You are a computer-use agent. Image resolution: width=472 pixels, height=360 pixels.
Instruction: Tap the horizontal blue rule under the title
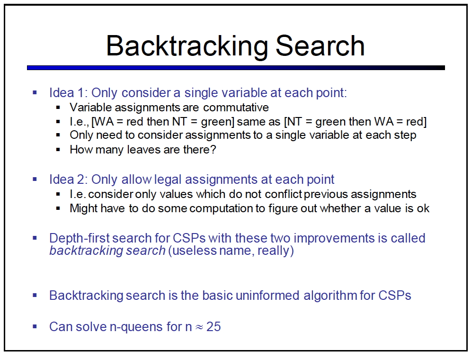(236, 68)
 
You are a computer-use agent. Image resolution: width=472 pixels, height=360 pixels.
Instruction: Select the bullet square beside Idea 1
(35, 92)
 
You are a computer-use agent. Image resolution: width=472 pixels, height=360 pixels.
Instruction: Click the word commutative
(236, 107)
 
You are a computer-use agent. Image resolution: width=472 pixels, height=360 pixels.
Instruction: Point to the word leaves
(143, 149)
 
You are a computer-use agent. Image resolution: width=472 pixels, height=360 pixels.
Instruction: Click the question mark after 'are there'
(214, 149)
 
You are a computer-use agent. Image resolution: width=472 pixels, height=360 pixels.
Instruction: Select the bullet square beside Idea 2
(35, 179)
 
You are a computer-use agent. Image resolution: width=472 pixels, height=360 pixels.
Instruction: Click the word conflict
(283, 194)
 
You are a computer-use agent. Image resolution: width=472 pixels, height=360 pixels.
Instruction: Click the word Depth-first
(80, 238)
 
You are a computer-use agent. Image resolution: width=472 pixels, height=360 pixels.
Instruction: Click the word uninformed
(267, 295)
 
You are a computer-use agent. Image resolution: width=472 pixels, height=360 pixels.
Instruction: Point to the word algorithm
(330, 295)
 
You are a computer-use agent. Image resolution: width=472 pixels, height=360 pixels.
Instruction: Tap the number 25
(214, 326)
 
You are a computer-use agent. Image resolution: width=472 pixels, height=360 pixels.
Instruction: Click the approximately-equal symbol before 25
(199, 327)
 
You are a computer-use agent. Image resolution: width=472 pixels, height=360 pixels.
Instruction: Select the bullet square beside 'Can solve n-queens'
(35, 326)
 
